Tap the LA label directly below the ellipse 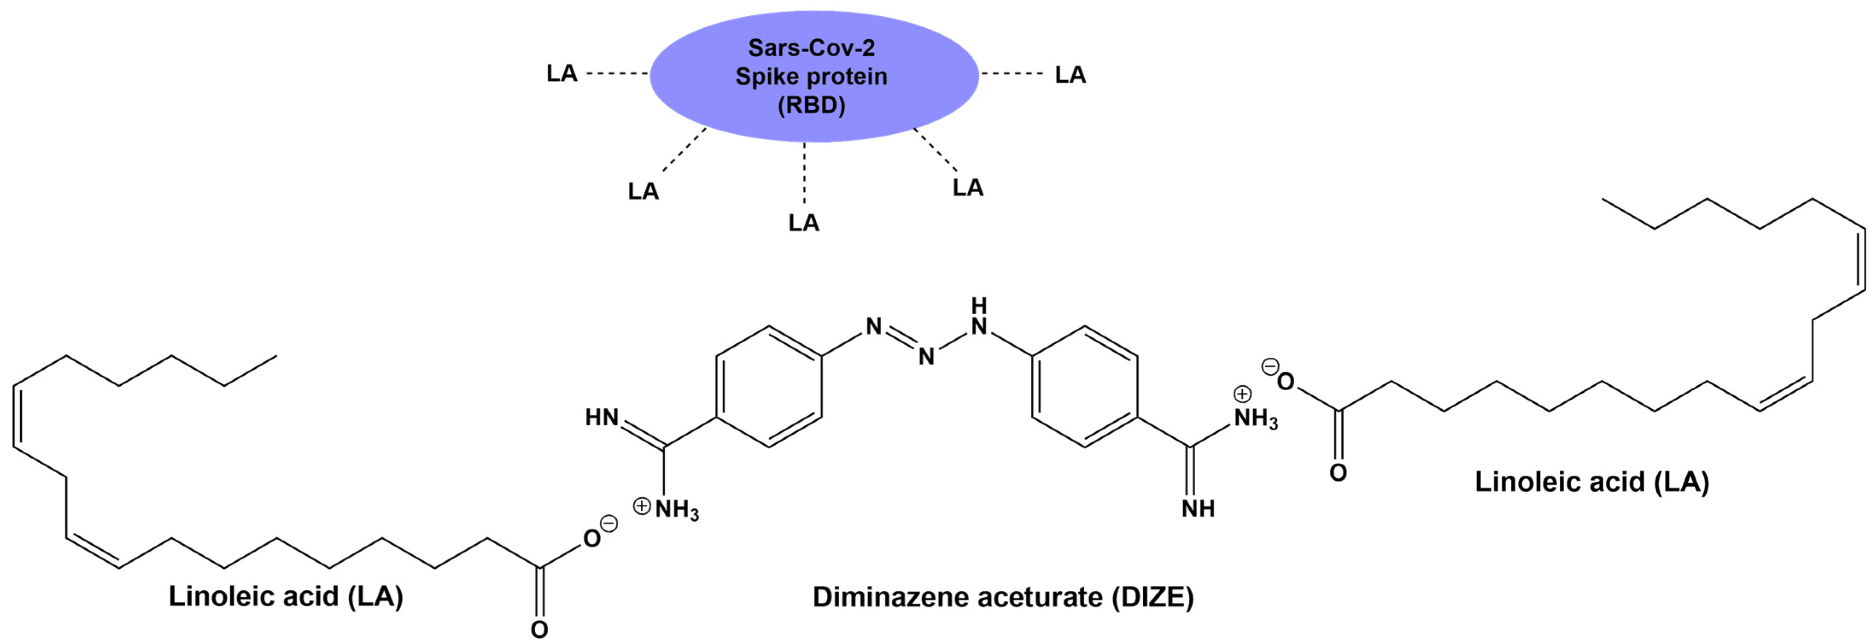[804, 222]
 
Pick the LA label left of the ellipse [562, 73]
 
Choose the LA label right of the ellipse [1070, 75]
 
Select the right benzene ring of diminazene [1085, 387]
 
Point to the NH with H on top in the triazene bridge [979, 318]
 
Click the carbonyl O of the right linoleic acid [1338, 473]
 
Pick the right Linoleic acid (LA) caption [1592, 482]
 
